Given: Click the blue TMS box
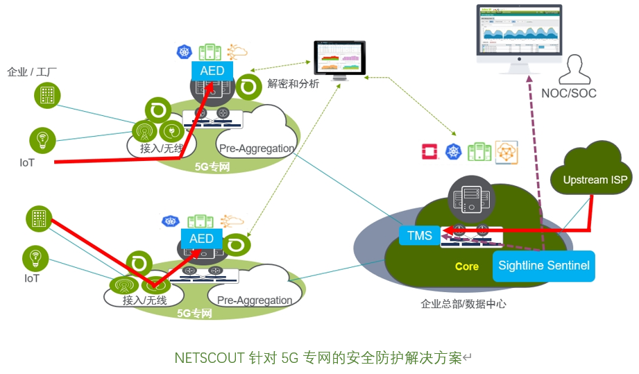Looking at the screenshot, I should pos(420,236).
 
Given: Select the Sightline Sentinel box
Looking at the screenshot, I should pos(544,266).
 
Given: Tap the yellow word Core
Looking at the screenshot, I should pos(466,266).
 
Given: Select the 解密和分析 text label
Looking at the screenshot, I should pos(293,84).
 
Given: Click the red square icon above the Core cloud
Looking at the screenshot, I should pos(429,153).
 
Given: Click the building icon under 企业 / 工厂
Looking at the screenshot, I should pos(47,96).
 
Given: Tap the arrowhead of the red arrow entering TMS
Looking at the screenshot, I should pos(447,230).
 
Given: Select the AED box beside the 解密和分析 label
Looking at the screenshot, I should pos(212,71).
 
